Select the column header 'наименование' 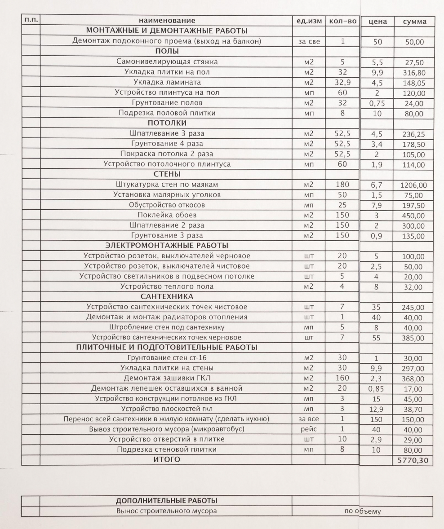pyautogui.click(x=167, y=21)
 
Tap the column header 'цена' pyautogui.click(x=377, y=22)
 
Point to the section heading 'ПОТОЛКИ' pyautogui.click(x=167, y=123)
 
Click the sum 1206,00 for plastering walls pyautogui.click(x=414, y=185)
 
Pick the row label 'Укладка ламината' pyautogui.click(x=167, y=83)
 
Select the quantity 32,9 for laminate pyautogui.click(x=342, y=83)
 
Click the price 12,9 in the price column pyautogui.click(x=377, y=409)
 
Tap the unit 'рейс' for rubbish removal pyautogui.click(x=308, y=429)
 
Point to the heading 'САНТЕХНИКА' pyautogui.click(x=167, y=297)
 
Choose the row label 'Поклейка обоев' pyautogui.click(x=167, y=215)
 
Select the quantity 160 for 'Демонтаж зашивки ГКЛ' pyautogui.click(x=342, y=378)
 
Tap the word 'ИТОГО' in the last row pyautogui.click(x=167, y=459)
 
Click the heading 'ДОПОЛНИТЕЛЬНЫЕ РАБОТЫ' pyautogui.click(x=167, y=501)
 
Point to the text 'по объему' pyautogui.click(x=362, y=511)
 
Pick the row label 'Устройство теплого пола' pyautogui.click(x=167, y=287)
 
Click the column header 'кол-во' pyautogui.click(x=342, y=21)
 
